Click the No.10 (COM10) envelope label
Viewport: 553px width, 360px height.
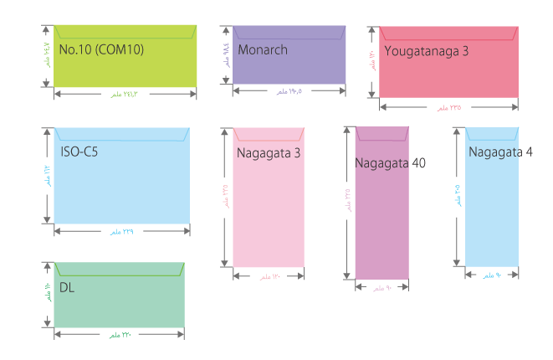coord(101,49)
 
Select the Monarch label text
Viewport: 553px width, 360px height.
coord(262,50)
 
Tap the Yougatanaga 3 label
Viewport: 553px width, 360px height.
coord(426,51)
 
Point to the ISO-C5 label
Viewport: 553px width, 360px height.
coord(81,153)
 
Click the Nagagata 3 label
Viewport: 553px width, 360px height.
coord(268,153)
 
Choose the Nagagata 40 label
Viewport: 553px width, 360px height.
coord(390,162)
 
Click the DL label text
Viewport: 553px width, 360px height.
coord(67,287)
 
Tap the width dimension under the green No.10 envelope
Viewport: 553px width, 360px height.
coord(123,94)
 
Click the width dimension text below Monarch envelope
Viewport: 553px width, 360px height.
coord(288,93)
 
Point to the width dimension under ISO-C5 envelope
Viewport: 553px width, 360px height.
coord(121,231)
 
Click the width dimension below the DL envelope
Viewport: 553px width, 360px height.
coord(119,335)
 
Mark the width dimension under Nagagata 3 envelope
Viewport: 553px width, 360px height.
coord(269,276)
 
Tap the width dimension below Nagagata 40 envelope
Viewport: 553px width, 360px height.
coord(382,288)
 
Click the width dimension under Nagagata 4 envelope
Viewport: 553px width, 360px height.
coord(492,275)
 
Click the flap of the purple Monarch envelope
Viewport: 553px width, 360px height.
coord(289,33)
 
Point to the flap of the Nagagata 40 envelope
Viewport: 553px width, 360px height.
coord(382,133)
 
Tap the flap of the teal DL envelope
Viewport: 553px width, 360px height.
coord(119,268)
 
